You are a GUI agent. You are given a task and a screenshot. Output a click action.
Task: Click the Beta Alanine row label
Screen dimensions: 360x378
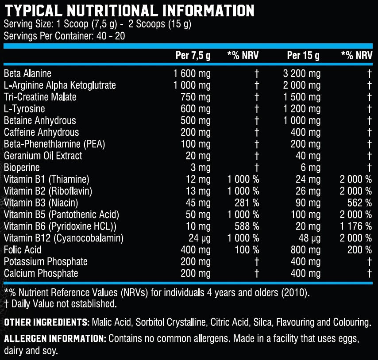27,73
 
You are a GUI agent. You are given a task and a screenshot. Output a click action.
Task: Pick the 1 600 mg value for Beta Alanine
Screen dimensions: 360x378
193,73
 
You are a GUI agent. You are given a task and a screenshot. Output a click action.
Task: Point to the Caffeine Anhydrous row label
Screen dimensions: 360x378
42,132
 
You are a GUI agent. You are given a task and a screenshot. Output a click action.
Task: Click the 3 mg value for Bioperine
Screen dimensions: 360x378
201,168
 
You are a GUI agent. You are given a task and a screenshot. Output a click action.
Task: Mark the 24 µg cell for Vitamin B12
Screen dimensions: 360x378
198,238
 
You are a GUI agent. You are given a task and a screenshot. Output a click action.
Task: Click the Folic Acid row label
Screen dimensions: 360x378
23,250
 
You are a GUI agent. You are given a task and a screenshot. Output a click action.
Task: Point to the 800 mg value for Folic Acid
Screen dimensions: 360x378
305,250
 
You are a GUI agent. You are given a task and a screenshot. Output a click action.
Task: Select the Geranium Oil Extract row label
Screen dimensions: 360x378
43,156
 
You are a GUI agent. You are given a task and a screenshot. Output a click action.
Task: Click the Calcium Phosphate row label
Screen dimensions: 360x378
41,273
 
